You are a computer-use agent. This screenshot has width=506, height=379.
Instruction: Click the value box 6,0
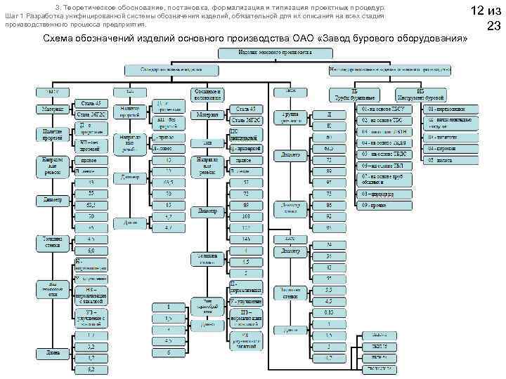[91, 251]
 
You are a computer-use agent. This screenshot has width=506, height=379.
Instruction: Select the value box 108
[245, 217]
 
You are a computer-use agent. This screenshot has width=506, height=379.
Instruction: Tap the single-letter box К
[329, 125]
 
